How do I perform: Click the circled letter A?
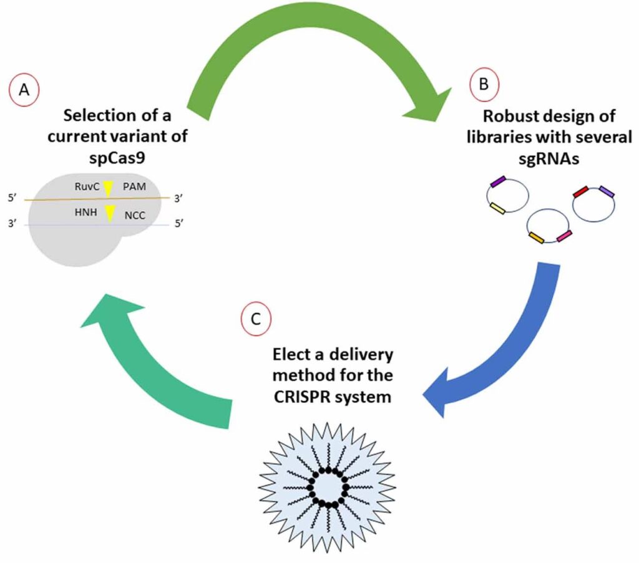click(x=24, y=90)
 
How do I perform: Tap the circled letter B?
click(x=484, y=85)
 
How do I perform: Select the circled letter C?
click(x=256, y=320)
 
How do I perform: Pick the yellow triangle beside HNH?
click(x=110, y=213)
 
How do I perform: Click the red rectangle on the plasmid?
click(x=580, y=192)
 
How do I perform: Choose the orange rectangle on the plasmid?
click(x=536, y=238)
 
